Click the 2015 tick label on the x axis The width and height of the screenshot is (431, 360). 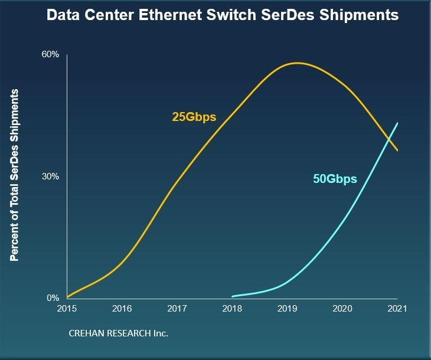[67, 309]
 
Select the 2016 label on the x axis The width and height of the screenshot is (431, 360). [122, 309]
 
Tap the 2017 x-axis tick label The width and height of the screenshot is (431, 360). [177, 309]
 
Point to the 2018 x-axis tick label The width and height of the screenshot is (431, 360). [232, 309]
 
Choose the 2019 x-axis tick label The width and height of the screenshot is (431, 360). [287, 309]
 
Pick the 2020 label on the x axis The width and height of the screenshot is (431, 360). [342, 309]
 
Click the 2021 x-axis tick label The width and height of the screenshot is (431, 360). [397, 309]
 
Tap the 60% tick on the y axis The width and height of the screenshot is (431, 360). [50, 55]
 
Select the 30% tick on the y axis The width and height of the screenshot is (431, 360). [50, 176]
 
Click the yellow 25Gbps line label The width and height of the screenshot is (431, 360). [194, 117]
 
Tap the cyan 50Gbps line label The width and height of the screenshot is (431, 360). [335, 179]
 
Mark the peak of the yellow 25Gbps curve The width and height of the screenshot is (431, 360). [296, 63]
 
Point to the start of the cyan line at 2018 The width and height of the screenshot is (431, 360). [233, 296]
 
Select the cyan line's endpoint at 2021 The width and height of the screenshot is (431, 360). [397, 123]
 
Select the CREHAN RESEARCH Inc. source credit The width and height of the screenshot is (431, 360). [119, 333]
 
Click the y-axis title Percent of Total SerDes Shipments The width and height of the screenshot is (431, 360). [15, 175]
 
